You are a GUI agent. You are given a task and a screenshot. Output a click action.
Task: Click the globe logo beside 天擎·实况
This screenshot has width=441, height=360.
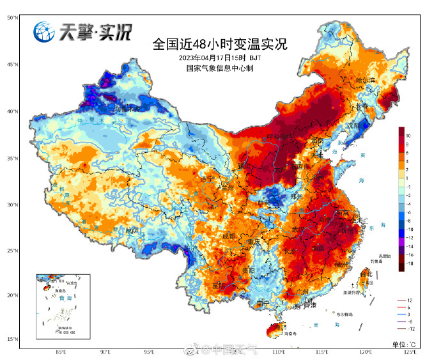click(x=44, y=31)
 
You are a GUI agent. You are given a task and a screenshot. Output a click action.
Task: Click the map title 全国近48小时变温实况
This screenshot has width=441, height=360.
click(x=220, y=45)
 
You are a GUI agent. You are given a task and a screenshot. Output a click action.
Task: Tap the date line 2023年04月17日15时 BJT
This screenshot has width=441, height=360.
click(x=220, y=58)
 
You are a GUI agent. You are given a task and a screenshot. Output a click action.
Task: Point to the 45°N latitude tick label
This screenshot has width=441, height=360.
click(x=12, y=65)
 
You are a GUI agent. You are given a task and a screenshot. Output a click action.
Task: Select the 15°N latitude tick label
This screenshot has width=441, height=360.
click(x=12, y=339)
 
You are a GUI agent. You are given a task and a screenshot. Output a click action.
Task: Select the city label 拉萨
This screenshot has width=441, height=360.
click(x=131, y=230)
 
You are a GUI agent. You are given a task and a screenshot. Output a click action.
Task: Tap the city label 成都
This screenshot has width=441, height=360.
click(x=228, y=236)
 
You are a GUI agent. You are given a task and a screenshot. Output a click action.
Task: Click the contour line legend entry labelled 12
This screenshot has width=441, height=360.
click(x=410, y=300)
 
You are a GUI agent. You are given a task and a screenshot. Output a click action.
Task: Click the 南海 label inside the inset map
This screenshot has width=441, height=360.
click(x=65, y=299)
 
